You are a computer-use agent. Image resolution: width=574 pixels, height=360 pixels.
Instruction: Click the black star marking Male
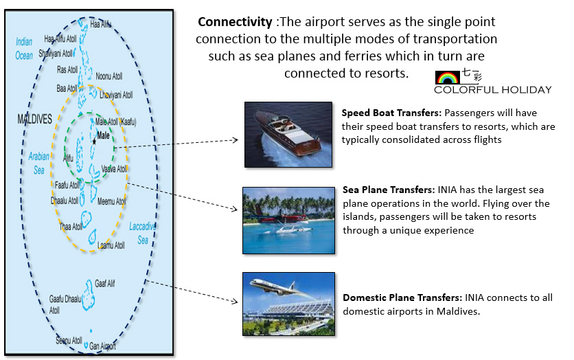click(95, 142)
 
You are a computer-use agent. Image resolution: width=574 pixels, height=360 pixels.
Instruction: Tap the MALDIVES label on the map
click(35, 119)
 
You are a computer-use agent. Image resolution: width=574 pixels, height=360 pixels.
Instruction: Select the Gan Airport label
click(102, 346)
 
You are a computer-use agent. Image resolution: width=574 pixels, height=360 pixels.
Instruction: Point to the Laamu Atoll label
click(111, 245)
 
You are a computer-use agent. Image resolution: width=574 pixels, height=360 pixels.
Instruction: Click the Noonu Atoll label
click(109, 76)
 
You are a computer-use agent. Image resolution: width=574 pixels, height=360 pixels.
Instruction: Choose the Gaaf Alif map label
click(104, 283)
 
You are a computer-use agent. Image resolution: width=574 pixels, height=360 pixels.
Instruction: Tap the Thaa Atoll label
click(71, 227)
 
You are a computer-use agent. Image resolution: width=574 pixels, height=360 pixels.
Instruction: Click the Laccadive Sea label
click(142, 233)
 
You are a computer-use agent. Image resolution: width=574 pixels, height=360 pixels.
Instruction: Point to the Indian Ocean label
click(24, 48)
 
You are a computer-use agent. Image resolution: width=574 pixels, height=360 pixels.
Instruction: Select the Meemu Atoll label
click(112, 201)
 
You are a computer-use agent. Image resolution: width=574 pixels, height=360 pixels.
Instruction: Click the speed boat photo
click(288, 135)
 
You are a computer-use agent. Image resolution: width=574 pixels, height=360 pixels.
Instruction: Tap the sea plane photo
click(289, 221)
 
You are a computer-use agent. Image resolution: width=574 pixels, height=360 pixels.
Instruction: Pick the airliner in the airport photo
click(278, 287)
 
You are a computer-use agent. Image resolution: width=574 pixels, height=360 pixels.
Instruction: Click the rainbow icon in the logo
click(448, 78)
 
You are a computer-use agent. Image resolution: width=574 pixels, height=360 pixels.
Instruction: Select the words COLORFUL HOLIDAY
click(493, 90)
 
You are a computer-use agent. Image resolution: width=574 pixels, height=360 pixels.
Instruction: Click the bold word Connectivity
click(235, 22)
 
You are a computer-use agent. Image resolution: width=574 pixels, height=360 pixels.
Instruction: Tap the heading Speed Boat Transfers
click(391, 113)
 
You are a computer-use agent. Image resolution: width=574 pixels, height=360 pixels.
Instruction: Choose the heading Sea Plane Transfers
click(389, 190)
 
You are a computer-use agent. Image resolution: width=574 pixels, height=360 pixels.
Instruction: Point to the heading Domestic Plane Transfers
click(402, 297)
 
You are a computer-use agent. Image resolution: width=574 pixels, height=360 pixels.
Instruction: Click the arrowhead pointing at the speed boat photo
click(236, 139)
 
